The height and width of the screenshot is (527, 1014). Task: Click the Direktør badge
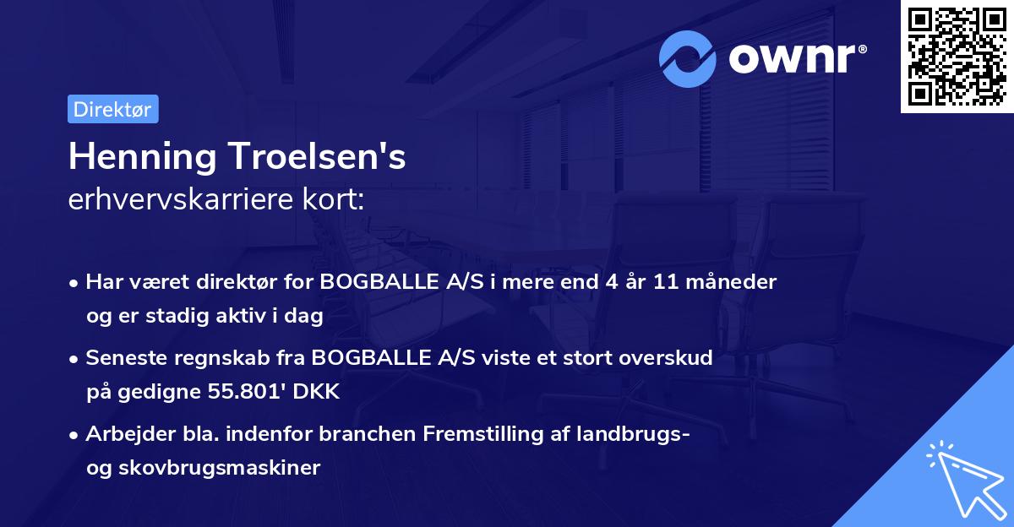tap(112, 109)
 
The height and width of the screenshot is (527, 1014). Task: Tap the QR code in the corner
tap(957, 57)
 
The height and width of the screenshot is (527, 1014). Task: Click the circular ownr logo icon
tap(688, 58)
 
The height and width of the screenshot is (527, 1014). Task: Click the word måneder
tap(732, 282)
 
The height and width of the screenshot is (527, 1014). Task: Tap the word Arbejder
tap(123, 434)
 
